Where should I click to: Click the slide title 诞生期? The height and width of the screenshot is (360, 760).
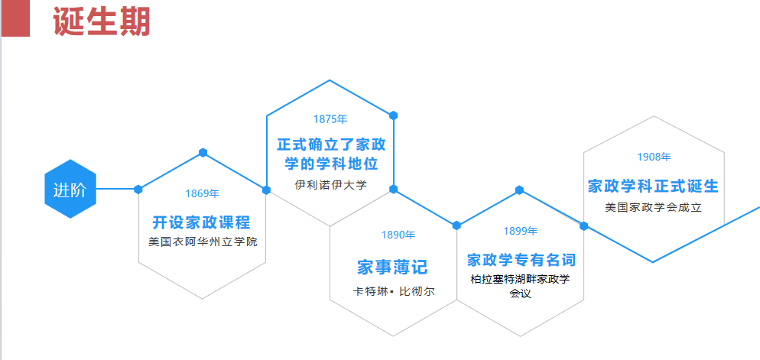coord(101,21)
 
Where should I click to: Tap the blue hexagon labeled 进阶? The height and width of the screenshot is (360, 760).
coord(70,189)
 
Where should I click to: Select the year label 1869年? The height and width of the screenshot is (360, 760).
coord(202,193)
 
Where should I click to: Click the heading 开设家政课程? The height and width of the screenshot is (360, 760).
coord(202,222)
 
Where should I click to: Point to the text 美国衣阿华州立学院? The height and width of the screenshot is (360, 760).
coord(203,242)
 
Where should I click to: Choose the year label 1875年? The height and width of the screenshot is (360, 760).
coord(330,119)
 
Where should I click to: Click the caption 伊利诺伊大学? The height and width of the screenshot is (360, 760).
coord(330,184)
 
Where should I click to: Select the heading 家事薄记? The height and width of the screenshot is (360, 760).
coord(392,267)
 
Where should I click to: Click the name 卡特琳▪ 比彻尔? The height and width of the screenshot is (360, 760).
coord(393,291)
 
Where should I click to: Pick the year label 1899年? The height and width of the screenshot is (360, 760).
coord(520,231)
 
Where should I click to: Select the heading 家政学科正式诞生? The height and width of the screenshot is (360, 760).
coord(653,186)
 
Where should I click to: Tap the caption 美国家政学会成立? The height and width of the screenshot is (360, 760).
coord(653,206)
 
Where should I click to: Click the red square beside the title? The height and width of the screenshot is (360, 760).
coord(15,18)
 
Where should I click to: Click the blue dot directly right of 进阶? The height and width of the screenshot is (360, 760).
coord(138,189)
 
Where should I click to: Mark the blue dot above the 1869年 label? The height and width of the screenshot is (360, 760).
coord(203,152)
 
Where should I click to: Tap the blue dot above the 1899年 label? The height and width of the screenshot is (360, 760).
coord(519,190)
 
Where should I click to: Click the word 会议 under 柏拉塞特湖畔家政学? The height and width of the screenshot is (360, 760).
coord(520,294)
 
